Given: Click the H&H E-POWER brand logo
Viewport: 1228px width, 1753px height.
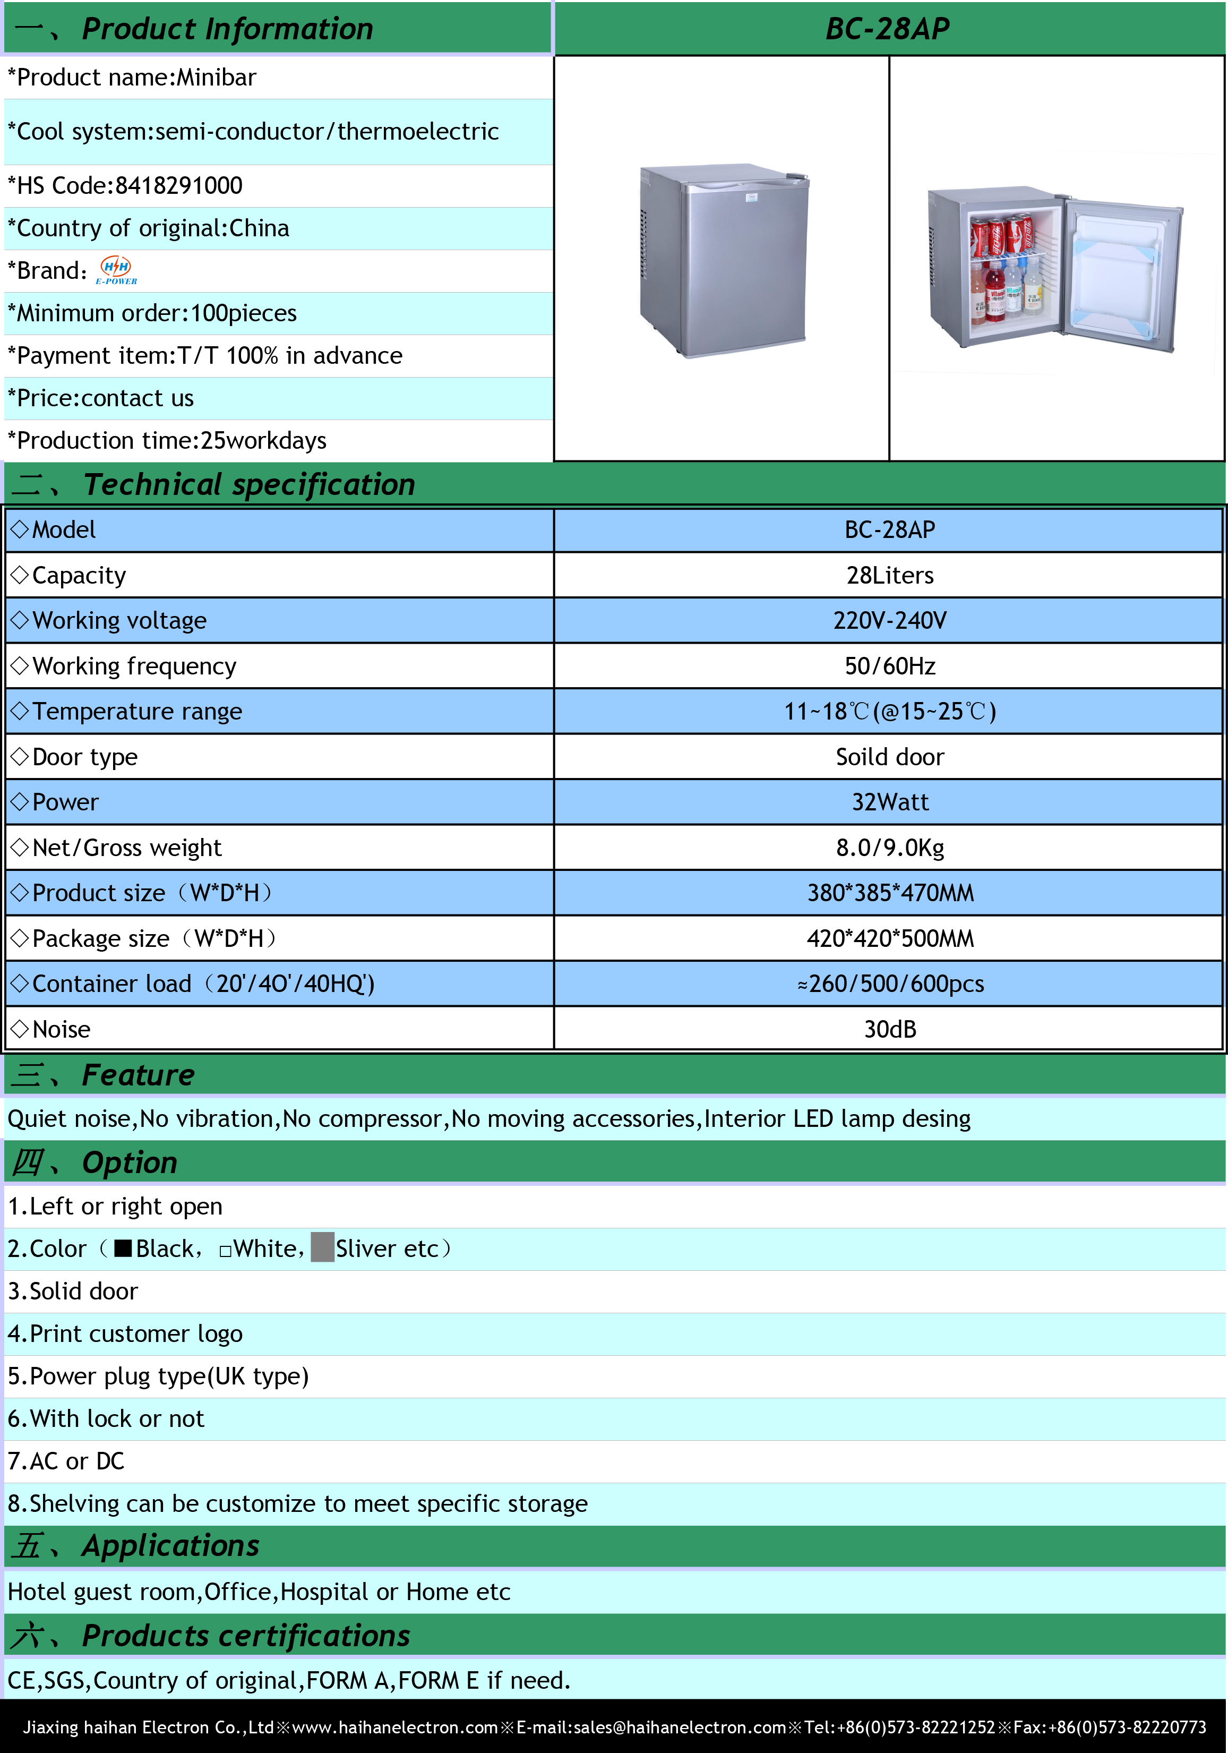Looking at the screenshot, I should [x=117, y=270].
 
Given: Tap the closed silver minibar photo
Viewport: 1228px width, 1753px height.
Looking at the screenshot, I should [x=723, y=260].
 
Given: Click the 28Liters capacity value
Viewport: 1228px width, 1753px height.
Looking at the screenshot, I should [x=889, y=576].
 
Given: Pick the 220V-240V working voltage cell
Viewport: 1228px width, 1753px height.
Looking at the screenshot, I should [x=889, y=621].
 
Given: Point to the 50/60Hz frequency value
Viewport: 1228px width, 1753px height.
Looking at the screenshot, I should [x=889, y=666].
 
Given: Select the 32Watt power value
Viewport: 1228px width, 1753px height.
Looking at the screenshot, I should [x=889, y=802].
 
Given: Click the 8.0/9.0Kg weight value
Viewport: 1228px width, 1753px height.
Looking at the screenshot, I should [x=889, y=848].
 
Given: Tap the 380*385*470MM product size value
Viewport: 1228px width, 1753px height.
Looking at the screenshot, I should [x=890, y=893].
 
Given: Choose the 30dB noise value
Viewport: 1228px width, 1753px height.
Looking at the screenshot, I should [x=889, y=1030].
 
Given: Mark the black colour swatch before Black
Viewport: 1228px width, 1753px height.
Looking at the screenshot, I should [x=123, y=1249].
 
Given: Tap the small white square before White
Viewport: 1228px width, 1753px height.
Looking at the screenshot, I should [x=225, y=1251].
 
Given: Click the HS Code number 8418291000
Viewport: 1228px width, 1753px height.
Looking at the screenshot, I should [x=178, y=185].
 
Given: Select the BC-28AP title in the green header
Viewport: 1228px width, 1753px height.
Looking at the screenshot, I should [x=888, y=29].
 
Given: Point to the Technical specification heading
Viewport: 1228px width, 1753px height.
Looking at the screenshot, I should [x=249, y=485].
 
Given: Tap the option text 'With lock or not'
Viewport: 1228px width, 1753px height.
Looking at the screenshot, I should [x=117, y=1418].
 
